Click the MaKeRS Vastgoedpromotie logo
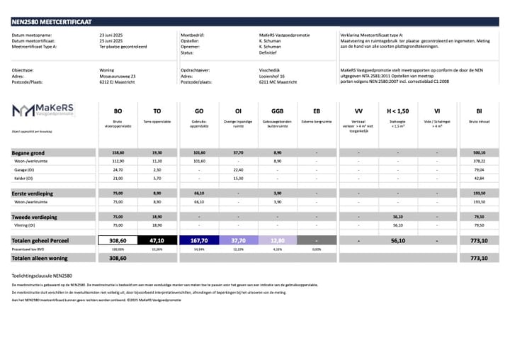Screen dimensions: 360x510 43,110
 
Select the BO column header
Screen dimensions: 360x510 118,111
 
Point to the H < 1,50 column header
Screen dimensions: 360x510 397,111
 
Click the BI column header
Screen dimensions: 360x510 479,111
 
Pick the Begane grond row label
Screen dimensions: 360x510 28,153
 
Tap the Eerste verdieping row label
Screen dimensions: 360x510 31,193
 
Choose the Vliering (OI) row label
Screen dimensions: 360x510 28,225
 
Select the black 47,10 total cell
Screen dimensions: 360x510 157,241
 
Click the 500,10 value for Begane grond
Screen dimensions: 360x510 479,153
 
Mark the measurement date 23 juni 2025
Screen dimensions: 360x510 114,34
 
